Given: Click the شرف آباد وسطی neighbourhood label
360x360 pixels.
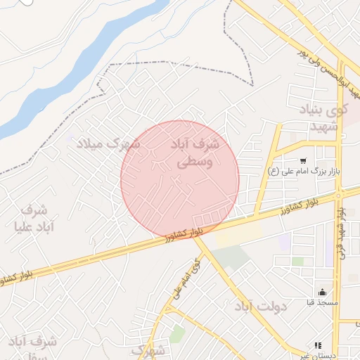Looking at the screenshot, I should [195, 153].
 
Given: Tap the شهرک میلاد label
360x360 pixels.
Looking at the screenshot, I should [108, 143].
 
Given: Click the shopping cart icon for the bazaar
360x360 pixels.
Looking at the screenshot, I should [302, 161].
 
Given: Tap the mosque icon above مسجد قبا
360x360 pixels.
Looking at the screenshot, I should [323, 292].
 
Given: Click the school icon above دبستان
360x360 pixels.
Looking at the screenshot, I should [318, 345].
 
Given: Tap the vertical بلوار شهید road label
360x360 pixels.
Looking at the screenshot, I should [342, 232].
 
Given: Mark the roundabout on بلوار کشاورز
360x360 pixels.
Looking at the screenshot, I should [339, 193].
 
